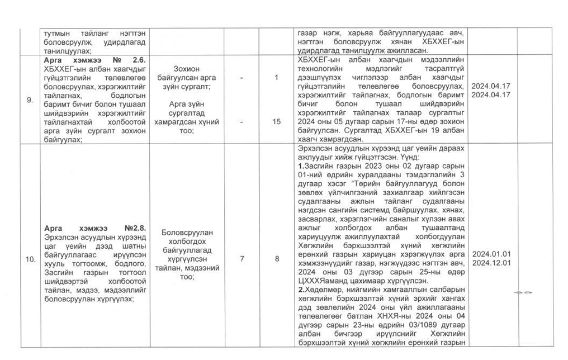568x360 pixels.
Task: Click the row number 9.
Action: coord(29,101)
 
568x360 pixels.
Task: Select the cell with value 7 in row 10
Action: coord(242,259)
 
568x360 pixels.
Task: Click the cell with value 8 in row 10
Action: coord(276,259)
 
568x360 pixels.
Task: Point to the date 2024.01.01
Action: coord(491,254)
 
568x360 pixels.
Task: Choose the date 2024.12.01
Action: coord(491,262)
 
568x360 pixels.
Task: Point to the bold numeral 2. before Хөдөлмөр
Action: coord(301,290)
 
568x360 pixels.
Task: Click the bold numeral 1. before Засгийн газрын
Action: coord(301,165)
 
